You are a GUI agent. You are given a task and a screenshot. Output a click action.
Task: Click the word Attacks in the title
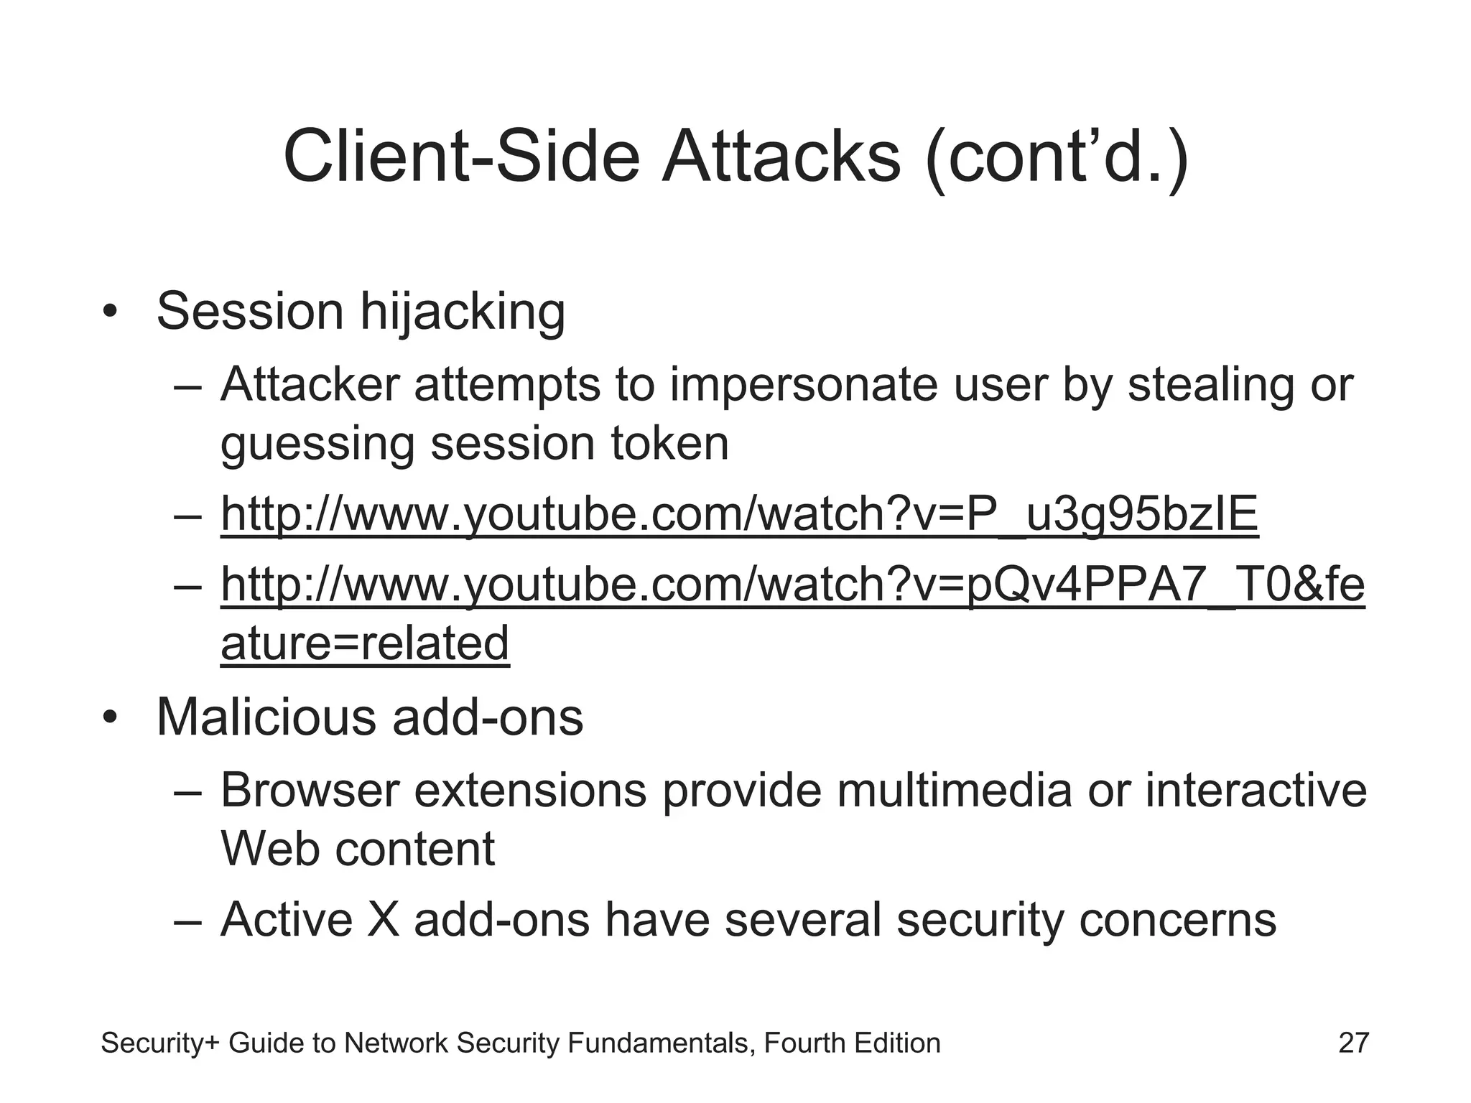(x=781, y=157)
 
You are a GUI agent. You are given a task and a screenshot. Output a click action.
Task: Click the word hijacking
(x=463, y=313)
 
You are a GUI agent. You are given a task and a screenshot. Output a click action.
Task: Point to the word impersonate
(x=804, y=385)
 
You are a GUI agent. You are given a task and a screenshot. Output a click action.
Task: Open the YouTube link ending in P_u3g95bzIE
(x=739, y=514)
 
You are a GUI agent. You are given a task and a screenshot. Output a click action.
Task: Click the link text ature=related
(x=365, y=643)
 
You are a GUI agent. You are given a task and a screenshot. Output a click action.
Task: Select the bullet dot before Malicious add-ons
(x=109, y=717)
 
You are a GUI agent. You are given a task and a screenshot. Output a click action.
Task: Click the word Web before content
(x=269, y=849)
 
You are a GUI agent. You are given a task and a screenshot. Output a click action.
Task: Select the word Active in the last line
(x=287, y=920)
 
